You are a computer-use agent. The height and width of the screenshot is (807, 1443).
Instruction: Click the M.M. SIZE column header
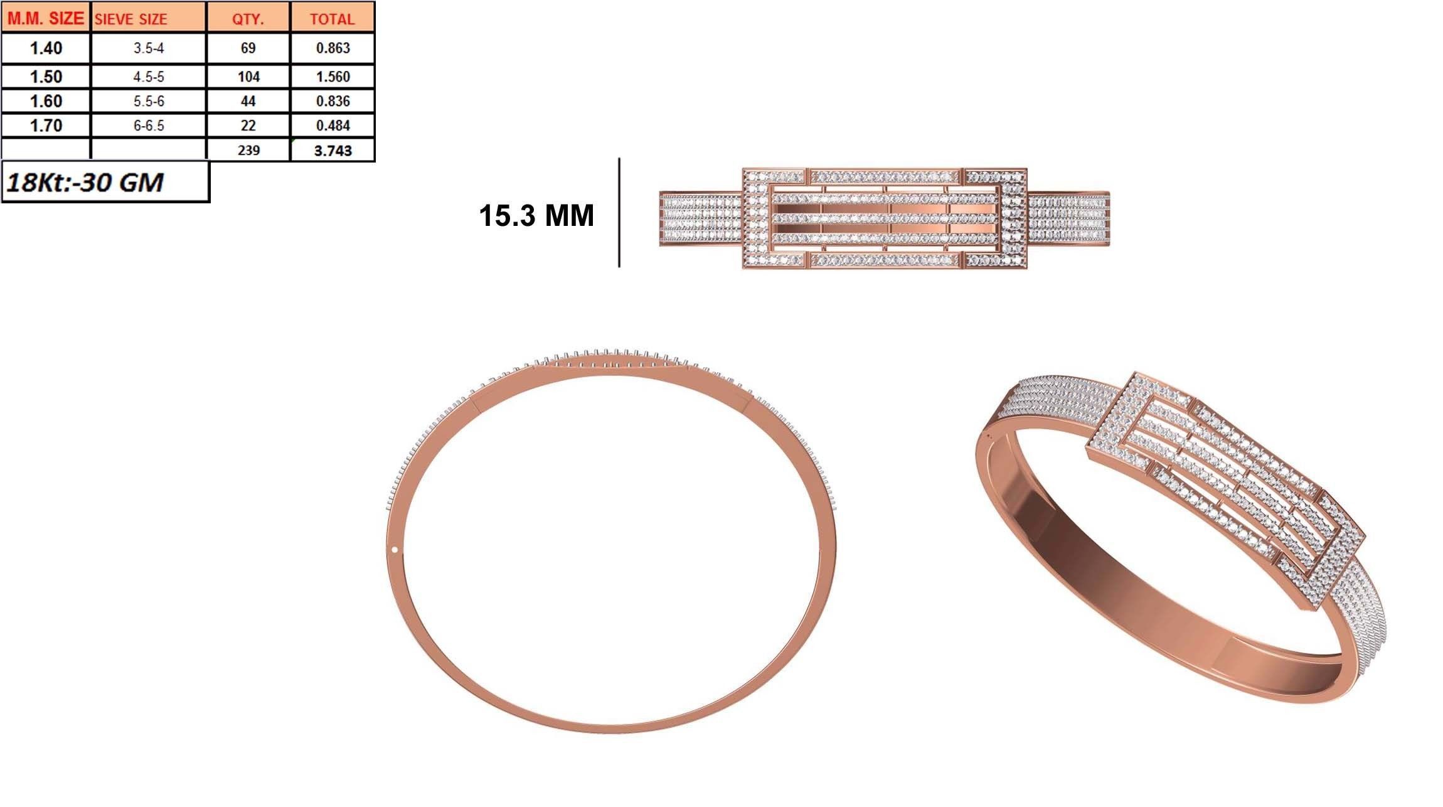point(46,18)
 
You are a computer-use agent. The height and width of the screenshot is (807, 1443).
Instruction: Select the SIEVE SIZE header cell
point(131,19)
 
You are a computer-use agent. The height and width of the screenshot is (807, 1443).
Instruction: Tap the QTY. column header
point(248,19)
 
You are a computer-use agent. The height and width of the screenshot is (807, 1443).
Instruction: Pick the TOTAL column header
point(333,19)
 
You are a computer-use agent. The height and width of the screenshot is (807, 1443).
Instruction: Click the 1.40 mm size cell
point(46,48)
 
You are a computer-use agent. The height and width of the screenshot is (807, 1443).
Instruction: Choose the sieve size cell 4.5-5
point(149,77)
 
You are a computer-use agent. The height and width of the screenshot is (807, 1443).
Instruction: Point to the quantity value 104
point(248,77)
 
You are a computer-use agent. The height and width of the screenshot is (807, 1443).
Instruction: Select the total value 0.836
point(333,101)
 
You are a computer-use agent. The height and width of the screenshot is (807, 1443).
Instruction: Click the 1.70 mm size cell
point(46,126)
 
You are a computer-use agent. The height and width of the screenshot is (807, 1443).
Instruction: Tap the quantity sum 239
point(248,151)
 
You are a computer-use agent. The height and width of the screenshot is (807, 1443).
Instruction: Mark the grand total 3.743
point(333,151)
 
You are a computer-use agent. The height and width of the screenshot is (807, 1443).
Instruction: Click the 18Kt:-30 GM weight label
point(85,182)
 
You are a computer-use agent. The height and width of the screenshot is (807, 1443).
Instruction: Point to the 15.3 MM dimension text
point(536,215)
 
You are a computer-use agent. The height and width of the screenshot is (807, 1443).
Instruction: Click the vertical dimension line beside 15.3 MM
point(619,213)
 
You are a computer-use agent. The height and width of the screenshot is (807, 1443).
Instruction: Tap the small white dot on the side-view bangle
point(395,550)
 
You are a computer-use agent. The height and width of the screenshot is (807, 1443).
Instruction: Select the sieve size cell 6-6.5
point(149,126)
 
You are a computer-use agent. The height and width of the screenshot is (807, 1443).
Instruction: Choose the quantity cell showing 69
point(248,48)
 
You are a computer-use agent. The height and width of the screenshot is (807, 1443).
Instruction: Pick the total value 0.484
point(333,126)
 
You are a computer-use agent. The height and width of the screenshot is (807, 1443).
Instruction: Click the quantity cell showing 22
point(248,126)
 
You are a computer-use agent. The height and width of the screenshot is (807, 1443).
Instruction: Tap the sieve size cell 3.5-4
point(149,48)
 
